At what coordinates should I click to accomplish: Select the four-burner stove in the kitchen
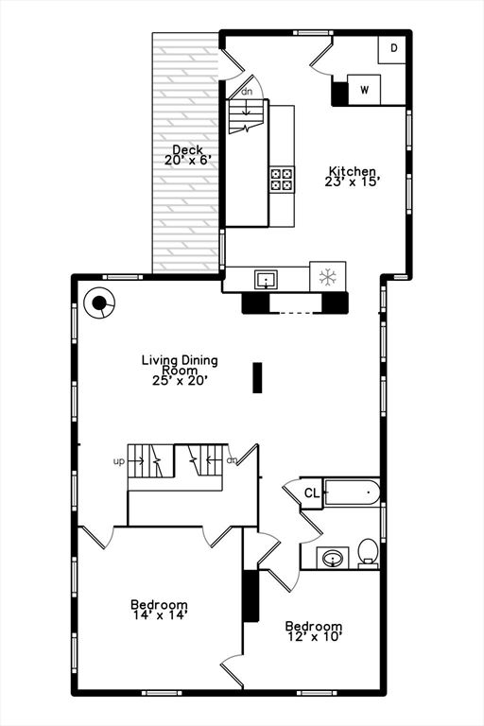(282, 179)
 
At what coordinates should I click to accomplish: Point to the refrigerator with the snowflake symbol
(328, 277)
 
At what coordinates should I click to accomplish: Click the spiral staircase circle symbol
(98, 304)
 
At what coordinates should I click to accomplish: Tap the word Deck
(186, 150)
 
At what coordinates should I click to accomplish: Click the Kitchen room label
(353, 171)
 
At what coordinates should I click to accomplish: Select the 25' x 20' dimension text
(180, 380)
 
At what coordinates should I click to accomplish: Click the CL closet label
(312, 493)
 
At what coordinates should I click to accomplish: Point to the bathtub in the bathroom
(352, 492)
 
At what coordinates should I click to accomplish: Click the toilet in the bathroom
(368, 552)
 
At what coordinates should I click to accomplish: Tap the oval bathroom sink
(333, 559)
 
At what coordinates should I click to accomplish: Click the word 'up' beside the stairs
(119, 461)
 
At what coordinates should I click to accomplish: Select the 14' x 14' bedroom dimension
(159, 615)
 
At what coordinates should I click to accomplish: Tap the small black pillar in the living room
(255, 376)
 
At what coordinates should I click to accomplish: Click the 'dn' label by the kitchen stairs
(247, 92)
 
